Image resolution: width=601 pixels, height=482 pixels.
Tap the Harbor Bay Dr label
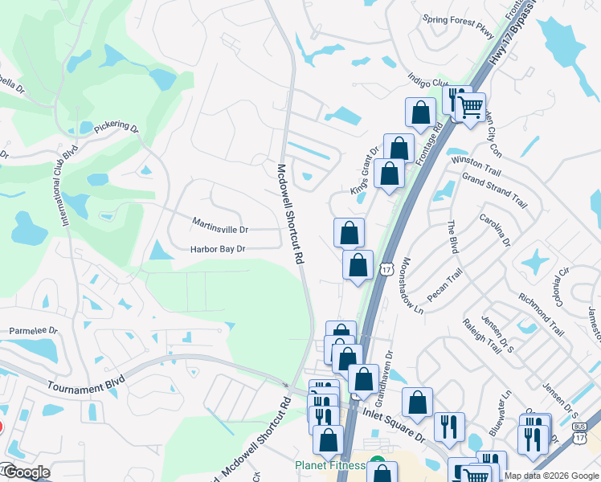tap(217, 250)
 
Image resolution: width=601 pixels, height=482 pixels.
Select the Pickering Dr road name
tap(117, 128)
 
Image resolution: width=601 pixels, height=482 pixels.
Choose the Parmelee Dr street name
tap(33, 330)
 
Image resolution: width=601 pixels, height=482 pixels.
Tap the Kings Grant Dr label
tap(364, 172)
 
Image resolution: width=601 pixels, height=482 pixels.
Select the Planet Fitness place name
tap(329, 465)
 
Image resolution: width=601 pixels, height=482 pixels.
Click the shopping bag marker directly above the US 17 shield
tap(358, 264)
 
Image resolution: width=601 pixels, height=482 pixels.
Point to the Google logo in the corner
tap(26, 473)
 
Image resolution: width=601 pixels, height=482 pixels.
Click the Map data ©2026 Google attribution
tap(550, 476)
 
